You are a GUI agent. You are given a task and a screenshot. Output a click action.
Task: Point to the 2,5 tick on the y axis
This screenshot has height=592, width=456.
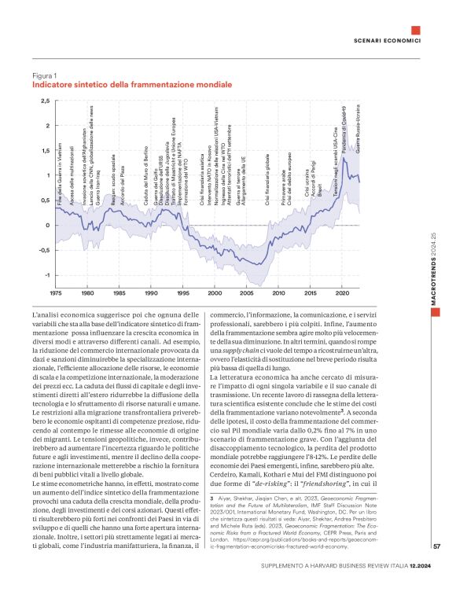46,101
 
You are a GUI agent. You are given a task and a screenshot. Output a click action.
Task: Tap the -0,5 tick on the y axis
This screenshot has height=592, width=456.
44,251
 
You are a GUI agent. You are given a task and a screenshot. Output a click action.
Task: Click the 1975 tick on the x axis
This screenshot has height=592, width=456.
56,293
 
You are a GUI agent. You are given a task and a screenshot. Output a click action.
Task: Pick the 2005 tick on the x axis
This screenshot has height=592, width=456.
247,293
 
